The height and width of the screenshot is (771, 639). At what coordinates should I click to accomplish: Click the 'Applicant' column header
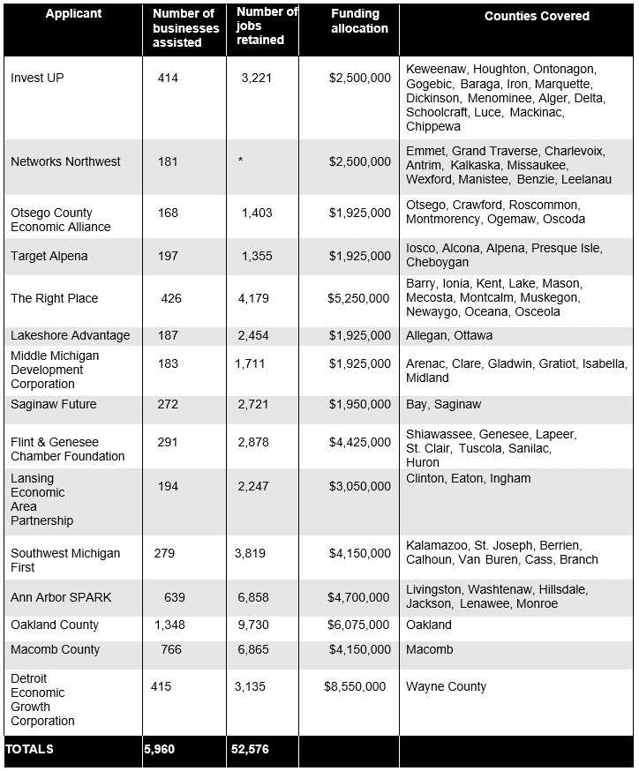tap(73, 14)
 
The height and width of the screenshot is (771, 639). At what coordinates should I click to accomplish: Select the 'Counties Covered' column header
tap(537, 16)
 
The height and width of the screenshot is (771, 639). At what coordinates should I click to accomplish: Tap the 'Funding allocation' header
tap(359, 21)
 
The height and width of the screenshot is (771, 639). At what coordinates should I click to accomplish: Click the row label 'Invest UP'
tap(37, 78)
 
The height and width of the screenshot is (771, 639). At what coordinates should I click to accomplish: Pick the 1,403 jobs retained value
tap(257, 213)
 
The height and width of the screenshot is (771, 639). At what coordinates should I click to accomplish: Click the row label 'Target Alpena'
tap(49, 256)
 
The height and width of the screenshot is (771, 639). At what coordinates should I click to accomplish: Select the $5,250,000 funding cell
tap(358, 298)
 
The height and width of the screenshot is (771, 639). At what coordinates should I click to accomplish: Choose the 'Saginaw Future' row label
tap(53, 404)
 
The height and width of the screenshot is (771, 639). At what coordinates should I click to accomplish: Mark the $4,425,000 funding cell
tap(358, 442)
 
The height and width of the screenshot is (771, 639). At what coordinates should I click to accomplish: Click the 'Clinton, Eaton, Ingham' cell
tap(469, 478)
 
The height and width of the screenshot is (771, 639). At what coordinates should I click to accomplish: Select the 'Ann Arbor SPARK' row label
tap(61, 597)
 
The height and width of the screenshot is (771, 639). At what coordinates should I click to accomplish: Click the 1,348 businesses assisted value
tap(169, 625)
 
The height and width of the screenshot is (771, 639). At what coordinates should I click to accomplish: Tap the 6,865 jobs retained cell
tap(252, 649)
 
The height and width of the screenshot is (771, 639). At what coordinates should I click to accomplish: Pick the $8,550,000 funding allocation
tap(355, 686)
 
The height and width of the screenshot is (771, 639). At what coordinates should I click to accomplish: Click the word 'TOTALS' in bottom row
tap(29, 749)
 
